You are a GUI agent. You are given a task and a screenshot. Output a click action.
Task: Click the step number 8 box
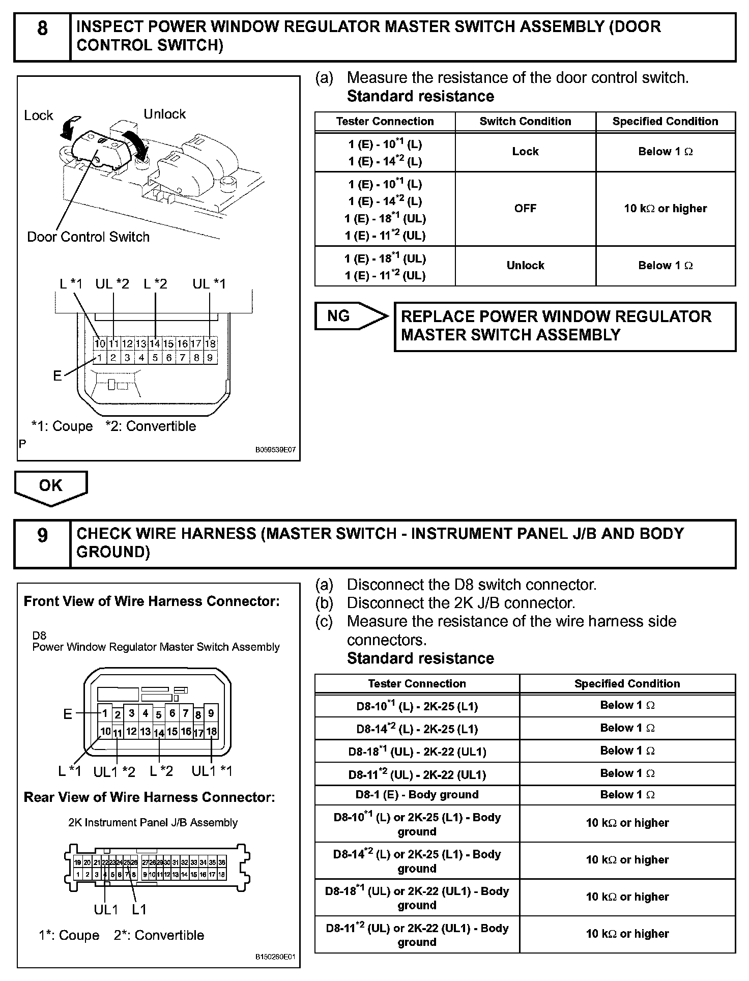click(x=42, y=37)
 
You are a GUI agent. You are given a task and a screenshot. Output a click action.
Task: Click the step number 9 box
click(x=42, y=543)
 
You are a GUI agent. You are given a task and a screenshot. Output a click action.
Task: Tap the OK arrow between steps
click(x=51, y=486)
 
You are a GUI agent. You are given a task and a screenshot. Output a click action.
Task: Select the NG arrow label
click(x=339, y=316)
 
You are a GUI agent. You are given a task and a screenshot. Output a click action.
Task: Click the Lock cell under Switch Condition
click(x=525, y=152)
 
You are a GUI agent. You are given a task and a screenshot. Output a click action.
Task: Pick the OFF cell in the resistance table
click(x=525, y=209)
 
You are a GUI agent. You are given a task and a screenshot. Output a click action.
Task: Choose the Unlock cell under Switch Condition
click(x=525, y=266)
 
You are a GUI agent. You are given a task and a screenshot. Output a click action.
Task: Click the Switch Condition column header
click(x=525, y=122)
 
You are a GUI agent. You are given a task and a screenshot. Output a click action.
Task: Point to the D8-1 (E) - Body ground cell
click(x=417, y=795)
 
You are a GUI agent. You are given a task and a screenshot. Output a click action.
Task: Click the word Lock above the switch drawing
click(x=39, y=116)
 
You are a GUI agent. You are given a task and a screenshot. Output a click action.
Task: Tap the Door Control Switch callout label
click(x=88, y=237)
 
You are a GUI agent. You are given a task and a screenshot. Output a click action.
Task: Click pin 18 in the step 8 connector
click(x=210, y=343)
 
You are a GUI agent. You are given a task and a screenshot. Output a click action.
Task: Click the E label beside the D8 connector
click(x=67, y=714)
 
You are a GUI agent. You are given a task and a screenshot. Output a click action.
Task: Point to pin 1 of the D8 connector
click(x=105, y=713)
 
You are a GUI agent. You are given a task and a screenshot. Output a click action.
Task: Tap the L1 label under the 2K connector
click(x=139, y=909)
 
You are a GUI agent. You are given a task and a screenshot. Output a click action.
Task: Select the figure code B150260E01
click(x=275, y=957)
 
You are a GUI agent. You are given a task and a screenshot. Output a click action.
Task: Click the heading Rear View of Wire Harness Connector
click(x=149, y=797)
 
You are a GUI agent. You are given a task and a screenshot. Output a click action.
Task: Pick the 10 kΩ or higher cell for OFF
click(x=665, y=209)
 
